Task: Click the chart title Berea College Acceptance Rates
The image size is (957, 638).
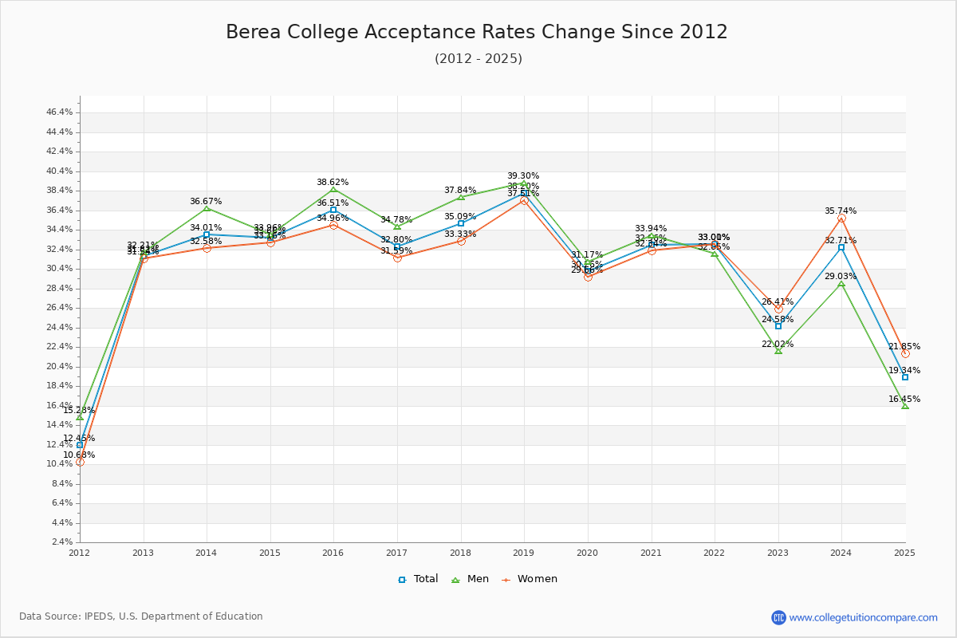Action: [x=477, y=32]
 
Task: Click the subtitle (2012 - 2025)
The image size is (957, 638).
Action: [x=478, y=59]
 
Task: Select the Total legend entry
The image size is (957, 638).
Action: [x=419, y=579]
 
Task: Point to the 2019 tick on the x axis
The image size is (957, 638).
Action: [x=524, y=553]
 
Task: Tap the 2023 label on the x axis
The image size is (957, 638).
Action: [x=778, y=553]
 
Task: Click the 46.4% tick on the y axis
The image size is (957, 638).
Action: [x=60, y=112]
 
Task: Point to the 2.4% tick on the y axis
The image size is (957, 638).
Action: [x=62, y=542]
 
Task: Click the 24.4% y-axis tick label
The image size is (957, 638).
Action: [x=60, y=328]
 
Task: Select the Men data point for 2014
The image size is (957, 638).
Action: [x=207, y=208]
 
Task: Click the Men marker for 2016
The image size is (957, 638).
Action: [x=333, y=189]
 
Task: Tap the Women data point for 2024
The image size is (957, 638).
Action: [x=841, y=218]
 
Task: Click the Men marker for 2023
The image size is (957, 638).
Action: [x=778, y=351]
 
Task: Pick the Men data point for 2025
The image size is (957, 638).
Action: [x=905, y=406]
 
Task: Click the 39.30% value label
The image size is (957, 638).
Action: [x=523, y=176]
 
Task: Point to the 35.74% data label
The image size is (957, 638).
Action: [x=841, y=211]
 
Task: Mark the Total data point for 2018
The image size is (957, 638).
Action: [x=461, y=223]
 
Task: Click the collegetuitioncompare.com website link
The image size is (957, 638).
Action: [x=863, y=617]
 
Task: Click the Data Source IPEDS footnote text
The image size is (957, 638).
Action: [x=141, y=616]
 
